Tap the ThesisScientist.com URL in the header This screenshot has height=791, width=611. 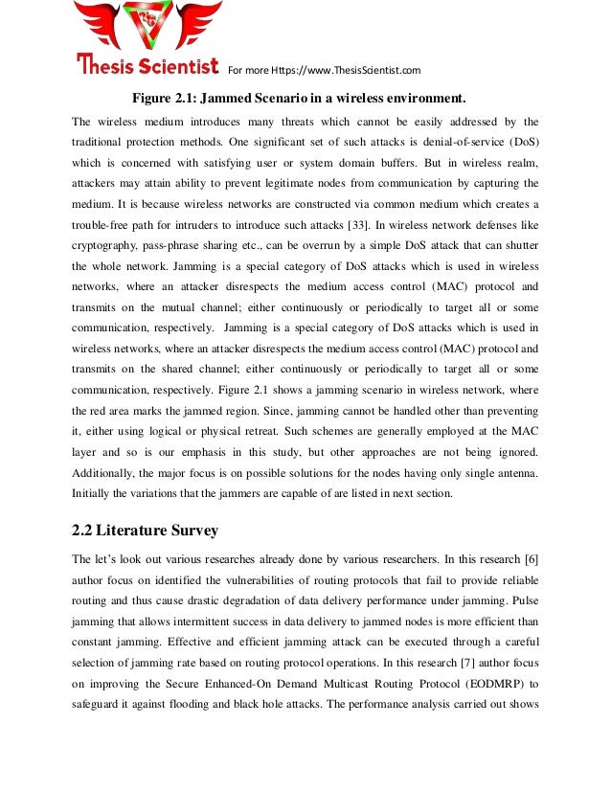point(357,70)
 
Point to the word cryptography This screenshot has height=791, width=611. point(102,243)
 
